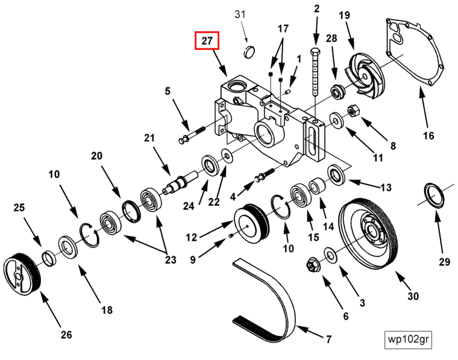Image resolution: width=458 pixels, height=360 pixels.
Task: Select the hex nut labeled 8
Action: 353,111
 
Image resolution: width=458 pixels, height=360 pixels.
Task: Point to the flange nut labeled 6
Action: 313,264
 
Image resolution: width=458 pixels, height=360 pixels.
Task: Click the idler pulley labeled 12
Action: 249,220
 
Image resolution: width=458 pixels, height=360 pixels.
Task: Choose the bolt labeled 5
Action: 192,135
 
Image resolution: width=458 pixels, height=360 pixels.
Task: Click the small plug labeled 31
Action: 250,51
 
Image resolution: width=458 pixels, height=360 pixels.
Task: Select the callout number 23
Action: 171,260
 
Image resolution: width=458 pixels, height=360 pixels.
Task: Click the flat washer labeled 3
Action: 331,252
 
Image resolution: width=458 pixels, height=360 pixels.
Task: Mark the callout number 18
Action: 107,311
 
